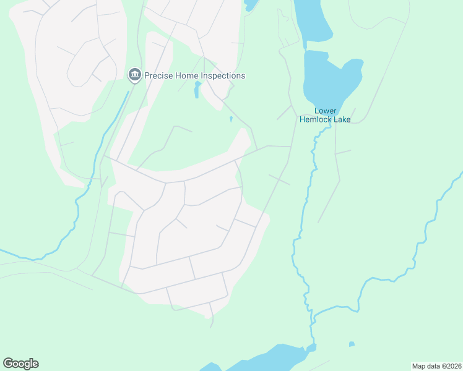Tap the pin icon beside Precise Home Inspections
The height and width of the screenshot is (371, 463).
pos(134,75)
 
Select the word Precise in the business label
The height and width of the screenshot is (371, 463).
pos(158,76)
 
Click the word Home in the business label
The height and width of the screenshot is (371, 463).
pos(186,76)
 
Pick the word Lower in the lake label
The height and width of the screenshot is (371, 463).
pos(326,111)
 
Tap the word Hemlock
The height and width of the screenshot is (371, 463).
pos(316,120)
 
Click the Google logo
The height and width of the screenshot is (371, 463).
pos(20,364)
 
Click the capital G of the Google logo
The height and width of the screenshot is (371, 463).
pos(8,363)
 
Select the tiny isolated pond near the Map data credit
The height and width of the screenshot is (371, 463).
pos(352,344)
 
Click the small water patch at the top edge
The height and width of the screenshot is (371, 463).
pos(249,5)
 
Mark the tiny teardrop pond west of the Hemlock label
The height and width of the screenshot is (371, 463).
pos(231,119)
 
